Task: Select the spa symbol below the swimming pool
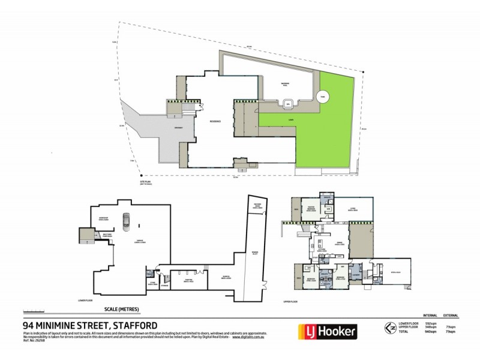[x=288, y=104]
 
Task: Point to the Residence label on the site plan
[x=215, y=121]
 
